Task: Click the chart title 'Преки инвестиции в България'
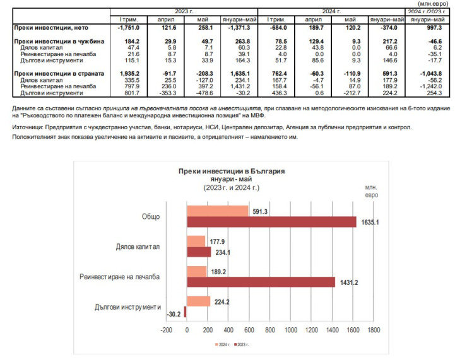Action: click(232, 171)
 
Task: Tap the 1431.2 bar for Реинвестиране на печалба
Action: click(260, 282)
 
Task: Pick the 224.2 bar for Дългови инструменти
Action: click(198, 301)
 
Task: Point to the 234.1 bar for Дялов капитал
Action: click(199, 252)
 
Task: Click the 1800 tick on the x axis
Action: click(374, 330)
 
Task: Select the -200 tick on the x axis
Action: click(166, 330)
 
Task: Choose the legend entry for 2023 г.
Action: click(244, 344)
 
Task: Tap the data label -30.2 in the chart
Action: click(174, 313)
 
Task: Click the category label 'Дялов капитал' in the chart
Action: click(138, 247)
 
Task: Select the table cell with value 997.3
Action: click(430, 28)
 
